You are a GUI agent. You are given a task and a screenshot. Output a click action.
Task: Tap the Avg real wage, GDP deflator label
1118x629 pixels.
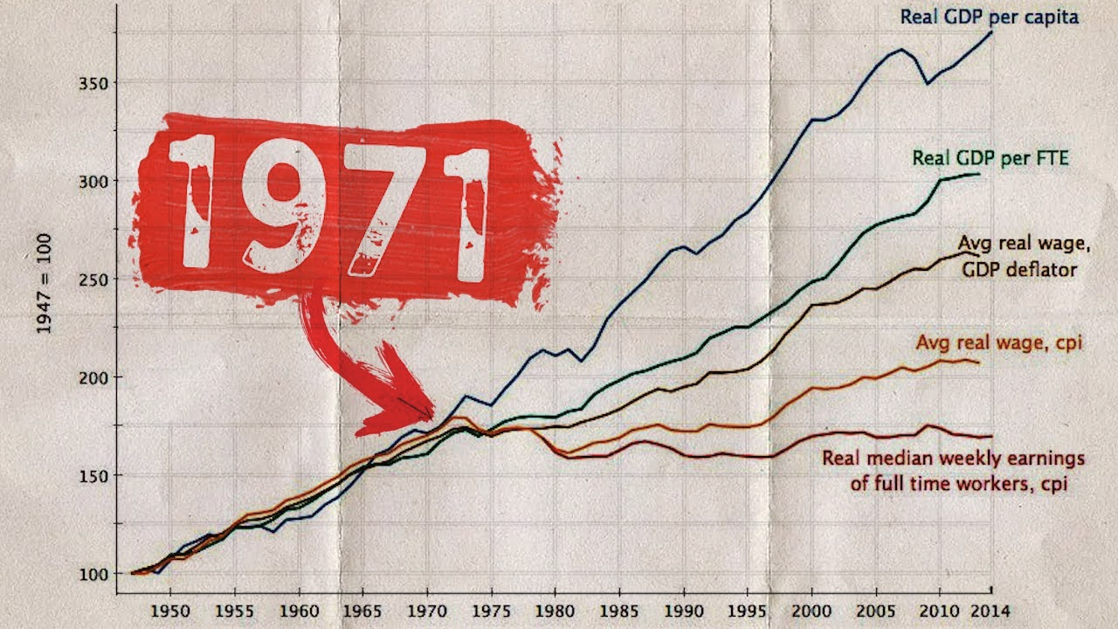[x=1018, y=256]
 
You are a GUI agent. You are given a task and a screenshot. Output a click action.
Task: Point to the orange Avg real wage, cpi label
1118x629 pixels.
[x=998, y=343]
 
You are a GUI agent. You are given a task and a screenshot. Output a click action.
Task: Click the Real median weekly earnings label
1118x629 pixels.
[x=954, y=470]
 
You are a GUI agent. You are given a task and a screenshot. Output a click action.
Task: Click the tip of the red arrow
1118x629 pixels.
[x=431, y=415]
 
